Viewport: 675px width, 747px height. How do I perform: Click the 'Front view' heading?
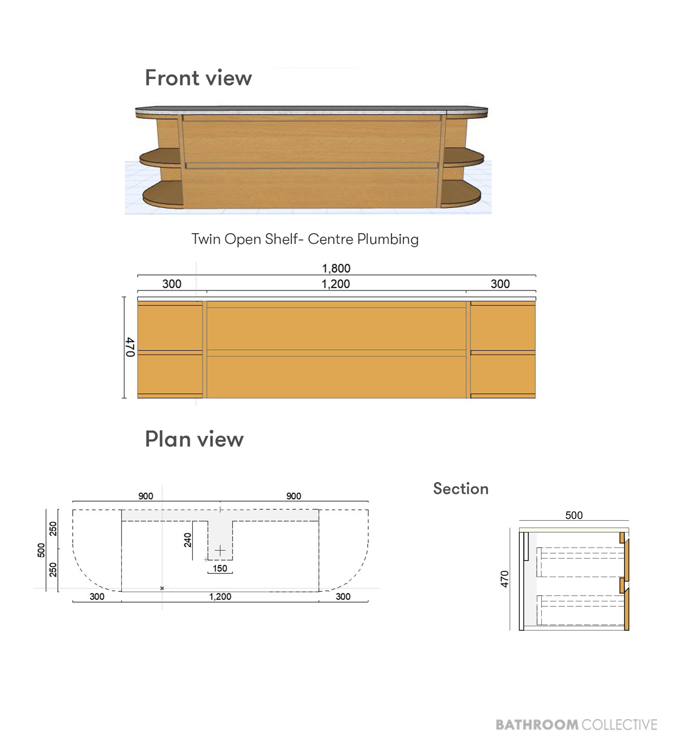tap(198, 78)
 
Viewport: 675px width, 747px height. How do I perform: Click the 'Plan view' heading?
tap(194, 439)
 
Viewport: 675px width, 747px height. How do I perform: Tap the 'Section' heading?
tap(461, 489)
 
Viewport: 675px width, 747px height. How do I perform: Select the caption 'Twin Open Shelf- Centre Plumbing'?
tap(305, 239)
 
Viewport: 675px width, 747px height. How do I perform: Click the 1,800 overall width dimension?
tap(336, 268)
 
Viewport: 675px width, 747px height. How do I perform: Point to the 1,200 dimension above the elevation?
tap(336, 284)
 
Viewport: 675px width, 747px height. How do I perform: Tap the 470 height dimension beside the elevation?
tap(130, 347)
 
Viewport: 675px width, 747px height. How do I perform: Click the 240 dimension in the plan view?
tap(188, 540)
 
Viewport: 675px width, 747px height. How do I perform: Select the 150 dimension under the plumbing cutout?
tap(220, 568)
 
